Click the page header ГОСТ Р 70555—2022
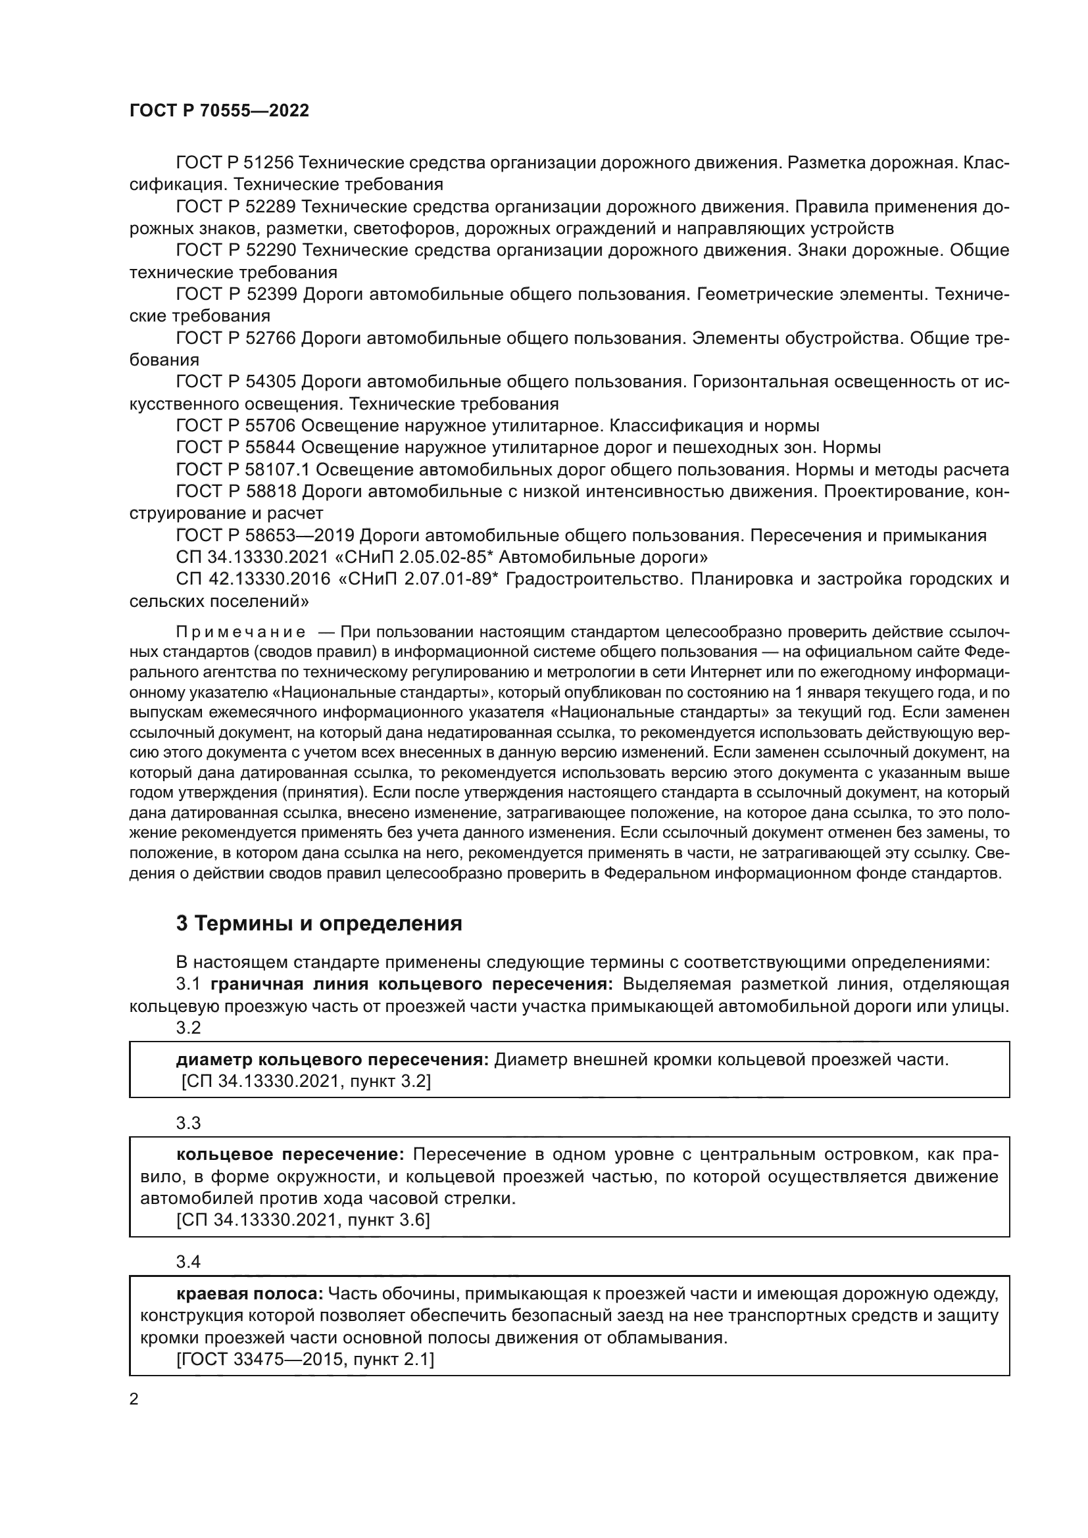219,111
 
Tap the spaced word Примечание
241,633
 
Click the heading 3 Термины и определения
319,924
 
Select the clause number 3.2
188,1028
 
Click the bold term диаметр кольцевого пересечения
332,1061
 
